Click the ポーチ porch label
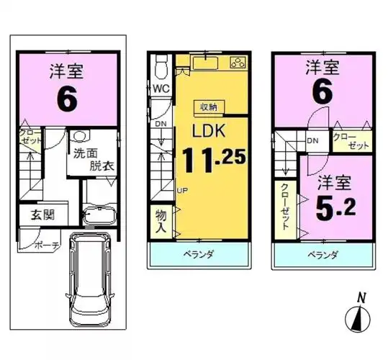(x=45, y=245)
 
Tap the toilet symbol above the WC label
(x=162, y=67)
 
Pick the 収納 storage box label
(x=208, y=107)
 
